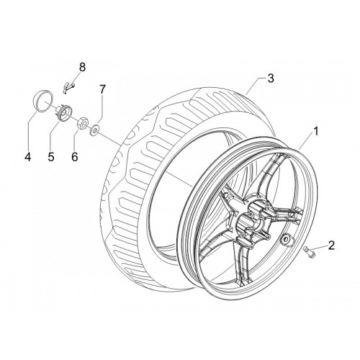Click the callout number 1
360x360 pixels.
316,131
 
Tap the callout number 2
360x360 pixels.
331,245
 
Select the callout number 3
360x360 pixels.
271,78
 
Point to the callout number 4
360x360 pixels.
28,157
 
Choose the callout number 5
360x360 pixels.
51,157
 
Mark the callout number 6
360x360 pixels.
75,157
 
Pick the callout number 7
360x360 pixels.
102,89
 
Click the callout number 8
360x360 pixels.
82,68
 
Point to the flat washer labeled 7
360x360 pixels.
94,130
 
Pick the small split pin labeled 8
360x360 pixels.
69,86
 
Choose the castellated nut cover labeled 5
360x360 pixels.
64,112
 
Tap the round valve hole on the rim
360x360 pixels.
286,239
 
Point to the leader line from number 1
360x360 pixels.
306,143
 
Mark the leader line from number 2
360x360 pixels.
319,248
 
